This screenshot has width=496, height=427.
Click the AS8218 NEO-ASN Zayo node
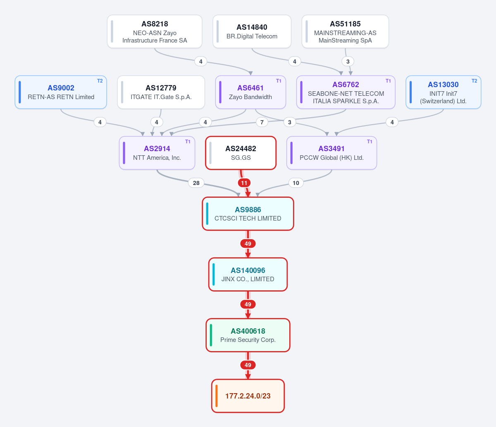point(155,32)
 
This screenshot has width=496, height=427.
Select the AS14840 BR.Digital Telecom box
point(252,32)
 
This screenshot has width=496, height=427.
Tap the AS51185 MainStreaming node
point(345,32)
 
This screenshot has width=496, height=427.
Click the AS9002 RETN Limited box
point(61,93)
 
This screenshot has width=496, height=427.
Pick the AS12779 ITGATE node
point(161,93)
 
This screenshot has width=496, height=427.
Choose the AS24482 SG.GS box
point(241,153)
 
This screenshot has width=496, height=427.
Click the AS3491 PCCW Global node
point(331,153)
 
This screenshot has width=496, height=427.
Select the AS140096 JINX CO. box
point(248,275)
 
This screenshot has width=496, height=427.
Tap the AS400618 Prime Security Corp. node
point(248,335)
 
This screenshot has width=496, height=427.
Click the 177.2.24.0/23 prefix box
point(248,396)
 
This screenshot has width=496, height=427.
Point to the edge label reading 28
point(196,183)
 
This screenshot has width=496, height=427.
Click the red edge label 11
point(244,183)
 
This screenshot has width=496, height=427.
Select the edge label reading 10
point(296,183)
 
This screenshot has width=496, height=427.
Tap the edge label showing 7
point(262,122)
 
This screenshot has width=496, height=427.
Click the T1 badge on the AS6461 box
point(279,81)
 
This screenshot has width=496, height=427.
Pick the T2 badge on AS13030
point(474,81)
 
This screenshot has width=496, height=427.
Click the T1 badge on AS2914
point(188,142)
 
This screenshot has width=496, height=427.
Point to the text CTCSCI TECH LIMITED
point(248,218)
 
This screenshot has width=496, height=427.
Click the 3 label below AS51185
point(348,62)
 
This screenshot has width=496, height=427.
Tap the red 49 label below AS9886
point(248,244)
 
